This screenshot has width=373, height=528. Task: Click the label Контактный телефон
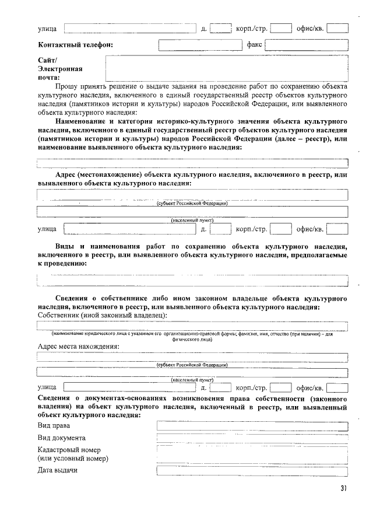coord(75,44)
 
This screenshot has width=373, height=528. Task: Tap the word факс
coord(254,44)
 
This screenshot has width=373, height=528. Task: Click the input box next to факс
coord(307,44)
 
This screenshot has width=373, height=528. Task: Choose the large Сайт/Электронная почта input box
coord(226,67)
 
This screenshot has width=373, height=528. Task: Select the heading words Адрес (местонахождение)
coord(98,174)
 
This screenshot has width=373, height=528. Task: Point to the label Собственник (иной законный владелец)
coord(102,315)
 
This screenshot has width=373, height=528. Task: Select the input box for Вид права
coord(252,426)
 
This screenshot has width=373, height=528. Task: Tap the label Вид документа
coord(62,438)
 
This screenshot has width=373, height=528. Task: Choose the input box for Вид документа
coord(252,439)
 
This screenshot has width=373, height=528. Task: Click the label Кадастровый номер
coord(69,450)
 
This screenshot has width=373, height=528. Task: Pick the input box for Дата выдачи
coord(252,470)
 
